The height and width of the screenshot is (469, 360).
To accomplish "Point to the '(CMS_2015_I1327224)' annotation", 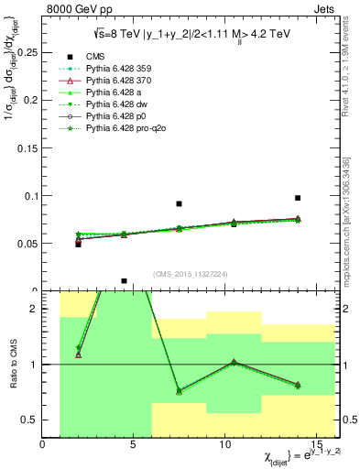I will pos(191,273).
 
